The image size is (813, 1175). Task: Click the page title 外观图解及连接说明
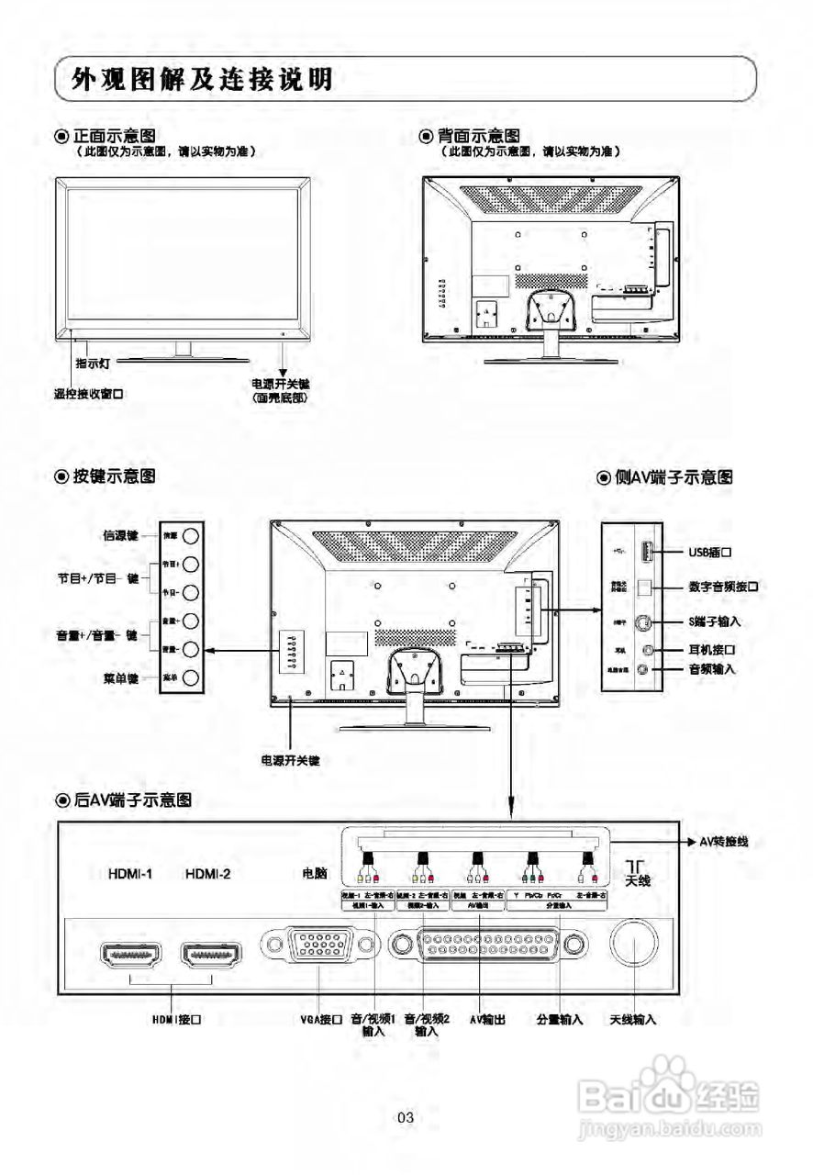coord(203,80)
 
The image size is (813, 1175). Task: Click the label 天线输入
coord(633,1019)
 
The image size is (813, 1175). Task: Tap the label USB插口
coord(715,553)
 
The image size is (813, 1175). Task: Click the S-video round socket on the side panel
coord(647,621)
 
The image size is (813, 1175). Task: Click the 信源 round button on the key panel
coord(191,535)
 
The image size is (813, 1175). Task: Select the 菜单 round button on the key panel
coord(191,678)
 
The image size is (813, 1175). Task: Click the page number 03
coord(406,1117)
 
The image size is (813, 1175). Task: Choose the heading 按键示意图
coord(113,476)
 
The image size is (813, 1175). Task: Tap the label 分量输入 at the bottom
coord(560,1019)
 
